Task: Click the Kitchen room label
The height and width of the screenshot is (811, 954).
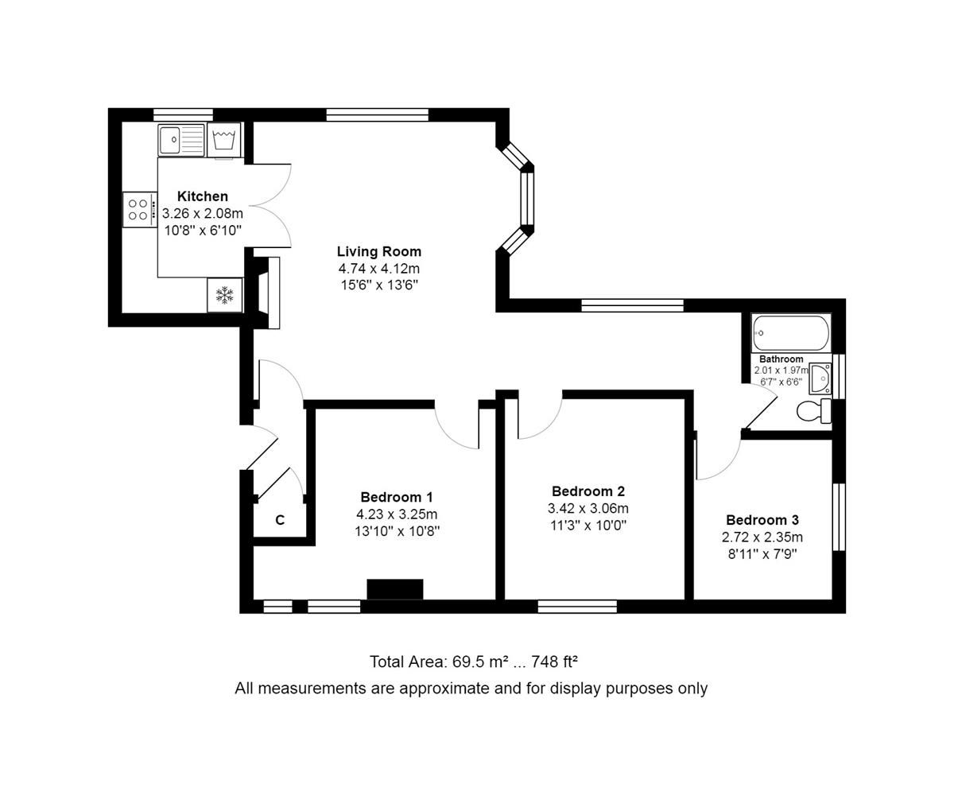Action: (202, 196)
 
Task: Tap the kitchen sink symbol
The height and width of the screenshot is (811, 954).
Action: (180, 141)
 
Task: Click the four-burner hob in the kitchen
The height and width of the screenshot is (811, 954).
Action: (138, 210)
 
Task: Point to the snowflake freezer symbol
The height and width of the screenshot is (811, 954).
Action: (224, 296)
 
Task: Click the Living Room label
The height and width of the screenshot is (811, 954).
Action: (379, 251)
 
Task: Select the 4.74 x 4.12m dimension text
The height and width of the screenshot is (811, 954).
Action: (379, 268)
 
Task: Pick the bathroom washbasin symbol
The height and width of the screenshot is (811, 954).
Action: (820, 379)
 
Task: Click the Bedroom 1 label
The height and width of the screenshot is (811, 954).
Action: (397, 497)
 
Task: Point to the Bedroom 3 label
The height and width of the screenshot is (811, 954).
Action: (762, 520)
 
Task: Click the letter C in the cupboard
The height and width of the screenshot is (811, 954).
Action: (280, 521)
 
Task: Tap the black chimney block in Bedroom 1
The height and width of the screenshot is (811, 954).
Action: (395, 589)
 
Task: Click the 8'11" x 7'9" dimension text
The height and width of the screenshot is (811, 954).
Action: (762, 553)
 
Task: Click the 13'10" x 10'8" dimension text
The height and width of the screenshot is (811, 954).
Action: (397, 530)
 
